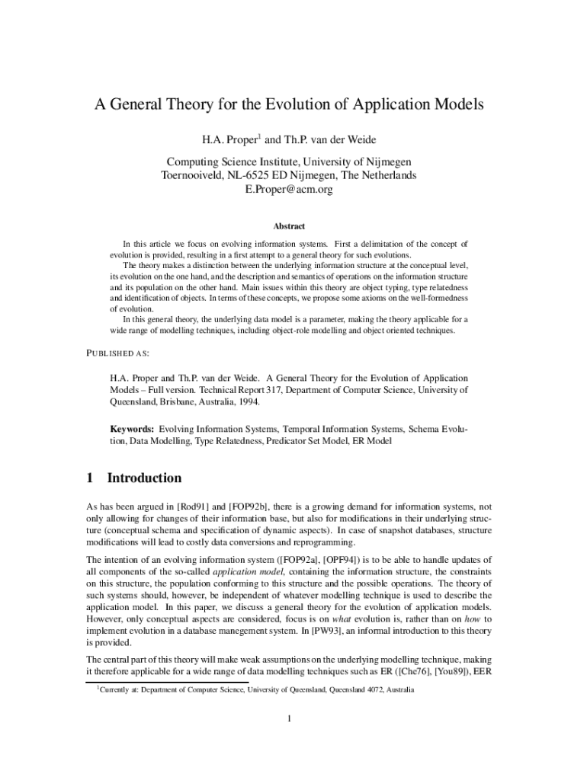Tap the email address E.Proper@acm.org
pos(289,190)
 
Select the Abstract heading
pos(289,226)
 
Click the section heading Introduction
pos(144,478)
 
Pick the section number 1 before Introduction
pos(90,478)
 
